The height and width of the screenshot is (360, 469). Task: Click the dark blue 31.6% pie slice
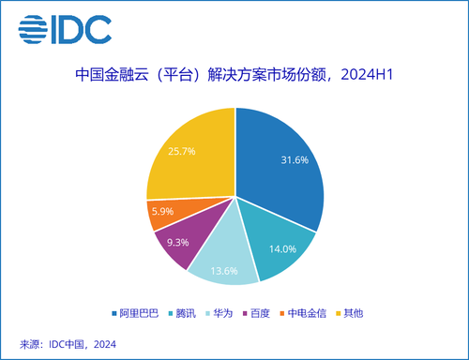click(281, 164)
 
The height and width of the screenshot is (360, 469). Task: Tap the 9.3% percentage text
click(175, 241)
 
